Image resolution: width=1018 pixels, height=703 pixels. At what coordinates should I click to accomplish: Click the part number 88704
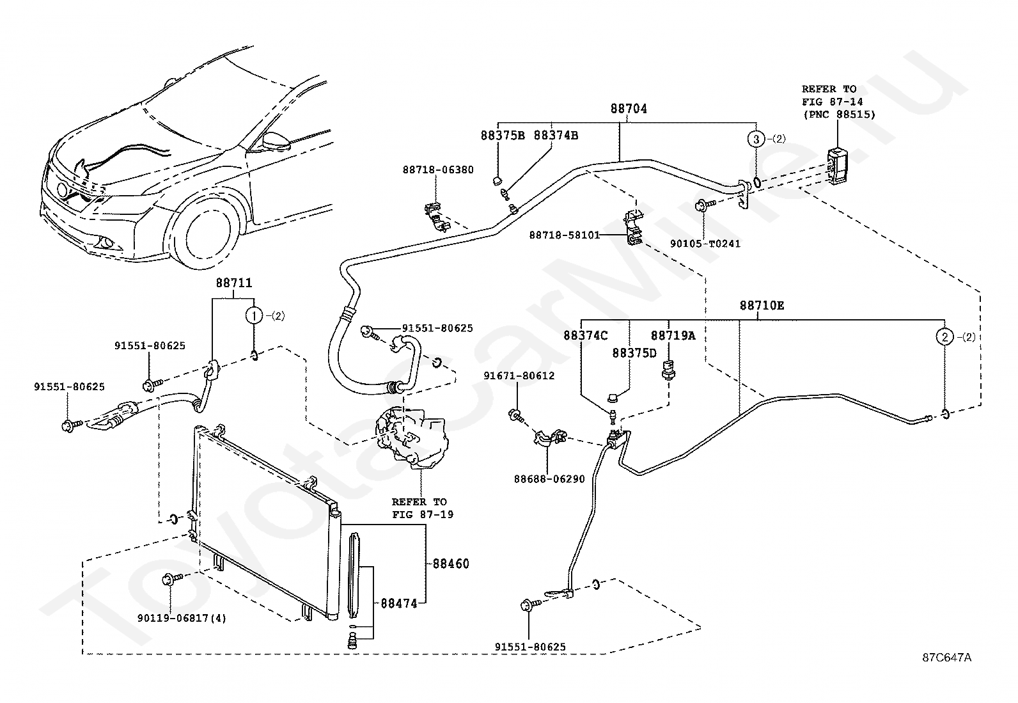coord(628,109)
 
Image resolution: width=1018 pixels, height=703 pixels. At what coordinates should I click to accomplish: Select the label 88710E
coord(762,306)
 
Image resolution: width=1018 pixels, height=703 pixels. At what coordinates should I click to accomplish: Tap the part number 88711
coord(233,283)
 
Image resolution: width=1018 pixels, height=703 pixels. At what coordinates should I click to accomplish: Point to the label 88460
coord(451,564)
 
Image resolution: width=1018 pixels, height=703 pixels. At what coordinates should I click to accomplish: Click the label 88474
coord(398,603)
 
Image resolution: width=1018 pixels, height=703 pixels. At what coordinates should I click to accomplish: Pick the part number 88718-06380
coord(438,170)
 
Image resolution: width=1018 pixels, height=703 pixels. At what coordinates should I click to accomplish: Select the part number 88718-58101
coord(564,235)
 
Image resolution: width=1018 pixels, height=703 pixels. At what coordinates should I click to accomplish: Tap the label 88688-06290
coord(549,478)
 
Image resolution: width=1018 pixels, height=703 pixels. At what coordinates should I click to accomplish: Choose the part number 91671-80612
coord(519,376)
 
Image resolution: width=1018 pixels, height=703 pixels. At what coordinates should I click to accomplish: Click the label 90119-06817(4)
coord(182,618)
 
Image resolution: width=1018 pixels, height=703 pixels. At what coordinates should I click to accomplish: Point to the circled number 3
coord(756,139)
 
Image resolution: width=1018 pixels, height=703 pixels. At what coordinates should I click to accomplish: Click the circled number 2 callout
coord(944,336)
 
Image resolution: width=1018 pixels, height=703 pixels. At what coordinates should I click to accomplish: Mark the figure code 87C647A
coord(946,657)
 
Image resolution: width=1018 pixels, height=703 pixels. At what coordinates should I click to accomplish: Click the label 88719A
coord(673,335)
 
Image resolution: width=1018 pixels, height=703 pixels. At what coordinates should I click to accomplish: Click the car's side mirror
coord(274,141)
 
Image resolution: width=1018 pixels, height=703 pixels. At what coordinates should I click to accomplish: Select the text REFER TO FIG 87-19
coord(422,508)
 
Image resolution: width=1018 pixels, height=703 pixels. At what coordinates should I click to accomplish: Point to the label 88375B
coord(503,136)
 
